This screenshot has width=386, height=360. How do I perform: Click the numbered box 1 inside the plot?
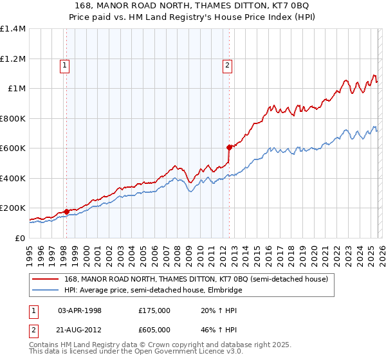click(66, 64)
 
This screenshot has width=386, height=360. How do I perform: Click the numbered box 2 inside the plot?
click(228, 64)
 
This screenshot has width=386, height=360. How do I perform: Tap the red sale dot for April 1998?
click(66, 212)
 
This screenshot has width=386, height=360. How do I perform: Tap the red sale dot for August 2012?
click(228, 147)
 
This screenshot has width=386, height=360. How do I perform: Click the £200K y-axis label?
click(13, 208)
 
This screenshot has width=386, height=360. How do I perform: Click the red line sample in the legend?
click(46, 279)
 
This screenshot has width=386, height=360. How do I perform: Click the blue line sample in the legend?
click(46, 290)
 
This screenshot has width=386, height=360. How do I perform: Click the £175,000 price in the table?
click(154, 310)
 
